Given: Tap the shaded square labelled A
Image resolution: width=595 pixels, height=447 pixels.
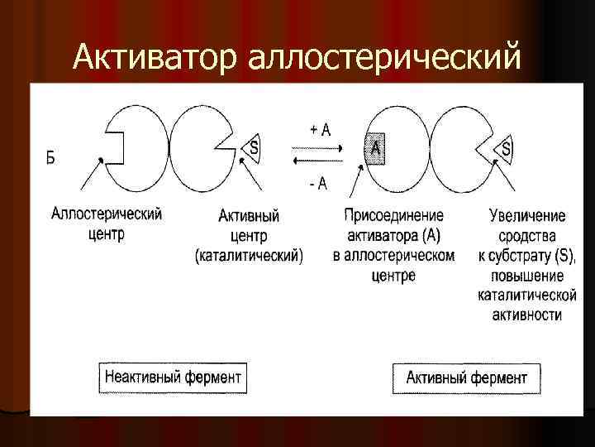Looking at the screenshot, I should (376, 148).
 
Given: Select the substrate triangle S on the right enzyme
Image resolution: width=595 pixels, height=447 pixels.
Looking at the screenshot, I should (505, 149).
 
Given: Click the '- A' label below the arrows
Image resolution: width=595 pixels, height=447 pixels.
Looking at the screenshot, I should (317, 183).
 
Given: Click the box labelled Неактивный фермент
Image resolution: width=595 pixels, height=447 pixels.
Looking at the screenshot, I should (173, 377).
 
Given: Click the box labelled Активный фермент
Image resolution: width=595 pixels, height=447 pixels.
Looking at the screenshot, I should (466, 377).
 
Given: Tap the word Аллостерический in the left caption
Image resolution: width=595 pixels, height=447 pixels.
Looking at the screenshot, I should (107, 214).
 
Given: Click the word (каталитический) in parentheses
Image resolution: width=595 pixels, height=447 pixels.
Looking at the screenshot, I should (249, 256).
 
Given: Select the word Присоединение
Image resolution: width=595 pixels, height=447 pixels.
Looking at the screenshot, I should (393, 216).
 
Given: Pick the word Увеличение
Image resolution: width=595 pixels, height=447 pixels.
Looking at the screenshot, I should (527, 216).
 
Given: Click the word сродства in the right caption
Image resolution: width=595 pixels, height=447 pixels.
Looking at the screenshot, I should (526, 236).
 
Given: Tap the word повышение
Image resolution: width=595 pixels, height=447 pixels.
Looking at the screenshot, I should (527, 276).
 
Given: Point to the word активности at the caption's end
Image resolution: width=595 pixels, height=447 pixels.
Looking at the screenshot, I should (526, 315).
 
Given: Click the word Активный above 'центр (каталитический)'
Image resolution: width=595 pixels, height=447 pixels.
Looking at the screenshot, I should (249, 216).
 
